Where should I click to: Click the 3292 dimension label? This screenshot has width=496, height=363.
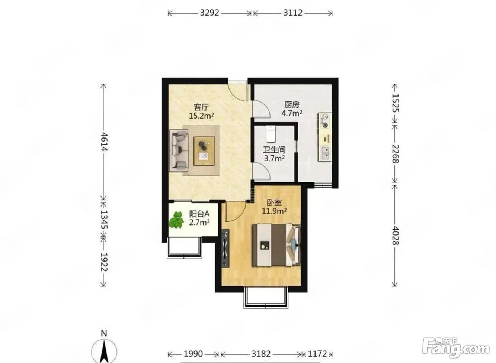[x=209, y=13]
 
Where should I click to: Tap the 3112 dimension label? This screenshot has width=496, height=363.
[x=293, y=13]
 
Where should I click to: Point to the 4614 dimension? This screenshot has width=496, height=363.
[x=104, y=142]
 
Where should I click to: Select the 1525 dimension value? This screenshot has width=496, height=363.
[x=395, y=103]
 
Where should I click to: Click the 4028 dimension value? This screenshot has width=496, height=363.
[x=395, y=236]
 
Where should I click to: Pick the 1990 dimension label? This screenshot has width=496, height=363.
[x=193, y=354]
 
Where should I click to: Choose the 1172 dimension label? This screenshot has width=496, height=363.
[x=317, y=354]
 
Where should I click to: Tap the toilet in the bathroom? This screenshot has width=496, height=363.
[x=271, y=134]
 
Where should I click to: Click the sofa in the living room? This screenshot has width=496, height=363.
[x=179, y=151]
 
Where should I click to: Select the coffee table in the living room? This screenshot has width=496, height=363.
[x=204, y=151]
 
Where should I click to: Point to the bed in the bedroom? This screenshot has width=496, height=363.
[x=276, y=245]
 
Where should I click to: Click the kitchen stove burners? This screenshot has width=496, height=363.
[x=325, y=121]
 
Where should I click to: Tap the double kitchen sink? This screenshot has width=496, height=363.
[x=325, y=153]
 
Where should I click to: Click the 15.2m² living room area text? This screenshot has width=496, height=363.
[x=201, y=116]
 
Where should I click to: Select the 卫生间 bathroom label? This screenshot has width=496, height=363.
[x=274, y=150]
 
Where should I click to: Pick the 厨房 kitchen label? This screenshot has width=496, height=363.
[x=292, y=104]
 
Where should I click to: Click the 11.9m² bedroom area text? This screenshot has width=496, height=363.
[x=274, y=211]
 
